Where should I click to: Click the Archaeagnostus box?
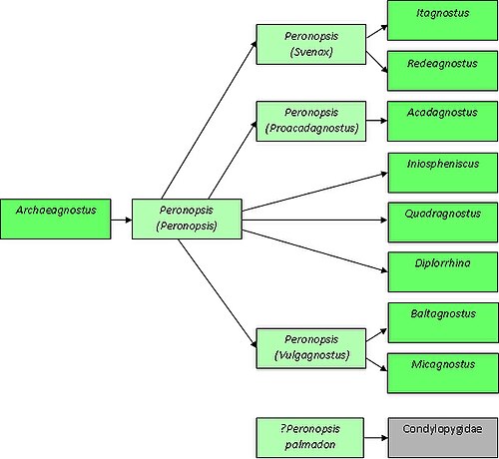[56, 219]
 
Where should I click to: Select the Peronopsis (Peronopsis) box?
[187, 219]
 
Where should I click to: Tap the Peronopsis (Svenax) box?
[311, 44]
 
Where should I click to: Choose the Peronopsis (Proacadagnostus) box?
[311, 121]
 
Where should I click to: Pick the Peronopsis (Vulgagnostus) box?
[311, 348]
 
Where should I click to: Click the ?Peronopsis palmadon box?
[310, 437]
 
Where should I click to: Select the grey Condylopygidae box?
[443, 437]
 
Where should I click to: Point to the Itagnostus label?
[443, 13]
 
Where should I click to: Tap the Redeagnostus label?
[442, 64]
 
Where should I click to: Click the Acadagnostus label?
[442, 113]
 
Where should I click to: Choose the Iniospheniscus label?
[443, 164]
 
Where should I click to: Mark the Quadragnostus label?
[443, 214]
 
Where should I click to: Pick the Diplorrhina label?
[443, 263]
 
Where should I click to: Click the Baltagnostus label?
[443, 313]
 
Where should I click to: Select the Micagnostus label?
[443, 364]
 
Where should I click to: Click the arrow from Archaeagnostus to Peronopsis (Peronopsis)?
[122, 220]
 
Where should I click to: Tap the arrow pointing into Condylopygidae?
[376, 438]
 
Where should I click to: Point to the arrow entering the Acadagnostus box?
[377, 121]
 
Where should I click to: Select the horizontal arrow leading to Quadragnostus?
[314, 220]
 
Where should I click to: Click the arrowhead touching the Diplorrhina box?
[384, 270]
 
